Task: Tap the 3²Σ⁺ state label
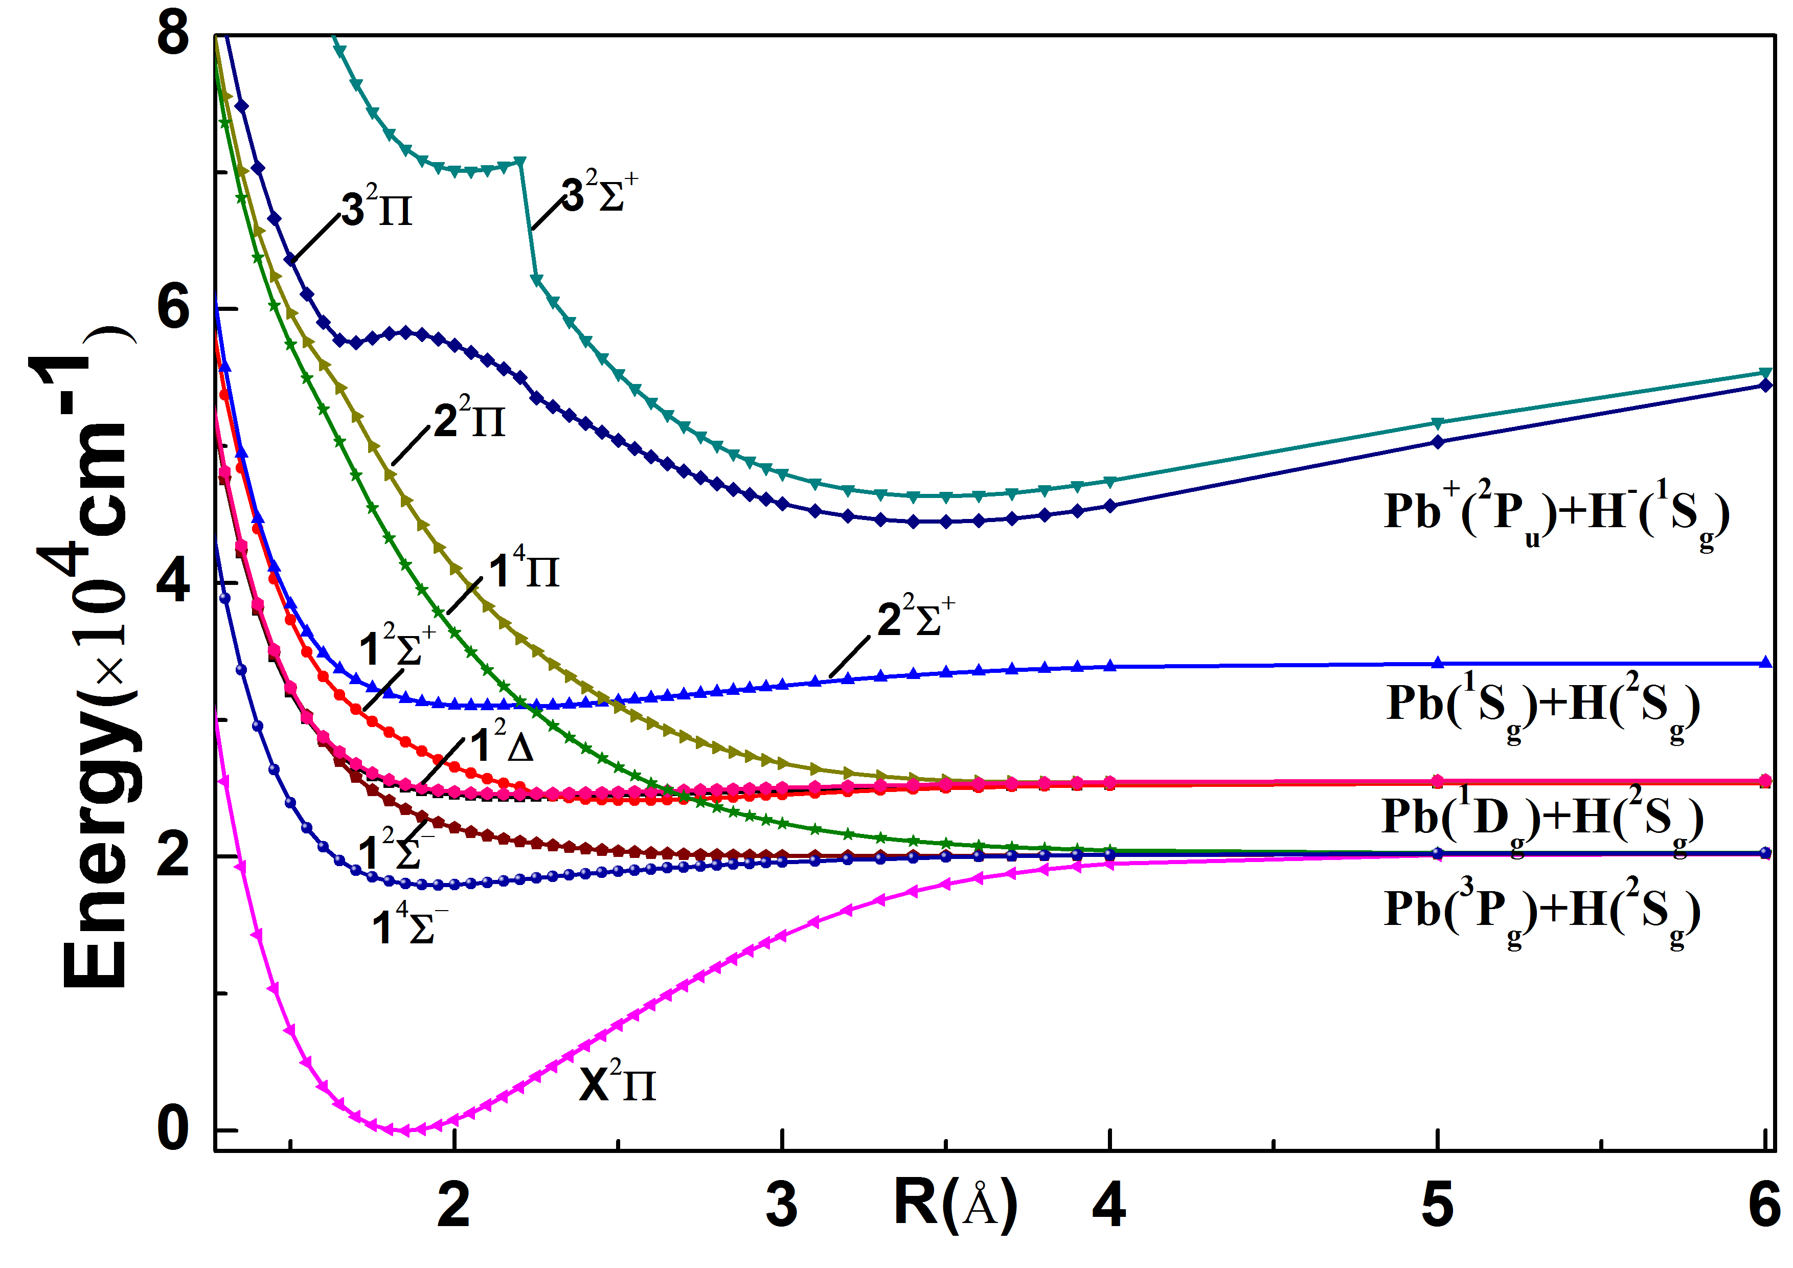600,194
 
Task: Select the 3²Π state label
377,207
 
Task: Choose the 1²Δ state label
502,743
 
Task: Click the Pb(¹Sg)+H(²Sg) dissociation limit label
1543,705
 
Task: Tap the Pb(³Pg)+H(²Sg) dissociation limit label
1542,911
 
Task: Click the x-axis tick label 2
453,1204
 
